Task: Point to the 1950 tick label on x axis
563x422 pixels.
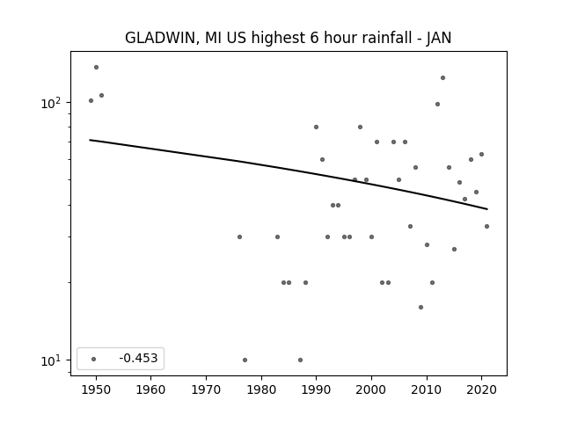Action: click(x=96, y=389)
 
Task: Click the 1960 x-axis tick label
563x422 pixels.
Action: click(x=150, y=389)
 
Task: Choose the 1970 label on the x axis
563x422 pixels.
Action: click(x=206, y=389)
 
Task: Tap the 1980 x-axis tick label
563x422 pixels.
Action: click(x=261, y=389)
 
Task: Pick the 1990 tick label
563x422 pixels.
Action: click(x=317, y=389)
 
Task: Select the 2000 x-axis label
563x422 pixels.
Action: click(x=371, y=389)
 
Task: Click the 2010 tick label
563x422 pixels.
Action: click(x=427, y=389)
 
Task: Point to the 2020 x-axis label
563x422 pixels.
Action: click(x=482, y=389)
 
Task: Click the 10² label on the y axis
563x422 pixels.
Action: click(x=51, y=103)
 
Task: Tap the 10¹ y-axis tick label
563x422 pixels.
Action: click(x=51, y=360)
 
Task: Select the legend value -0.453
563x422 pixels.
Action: click(x=138, y=358)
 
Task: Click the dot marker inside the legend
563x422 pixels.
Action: click(x=94, y=359)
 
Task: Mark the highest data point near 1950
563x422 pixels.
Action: click(x=96, y=67)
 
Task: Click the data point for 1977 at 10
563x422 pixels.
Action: click(x=245, y=360)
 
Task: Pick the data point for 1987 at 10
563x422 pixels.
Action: click(x=300, y=360)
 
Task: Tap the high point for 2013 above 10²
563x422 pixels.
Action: click(x=442, y=78)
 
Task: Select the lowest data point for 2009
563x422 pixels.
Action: click(x=420, y=307)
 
